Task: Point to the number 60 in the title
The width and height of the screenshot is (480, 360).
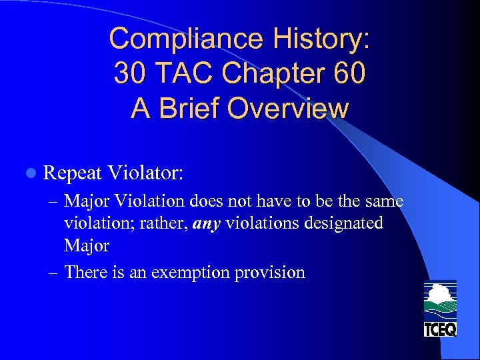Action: tap(348, 73)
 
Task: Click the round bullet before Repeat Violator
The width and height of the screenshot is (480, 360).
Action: tap(27, 173)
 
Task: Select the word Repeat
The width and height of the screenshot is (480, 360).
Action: tap(71, 173)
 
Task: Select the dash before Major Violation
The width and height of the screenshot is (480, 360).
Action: tap(55, 201)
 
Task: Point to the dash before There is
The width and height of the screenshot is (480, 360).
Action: tap(55, 272)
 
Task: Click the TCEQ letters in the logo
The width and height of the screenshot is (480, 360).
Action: tap(440, 328)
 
